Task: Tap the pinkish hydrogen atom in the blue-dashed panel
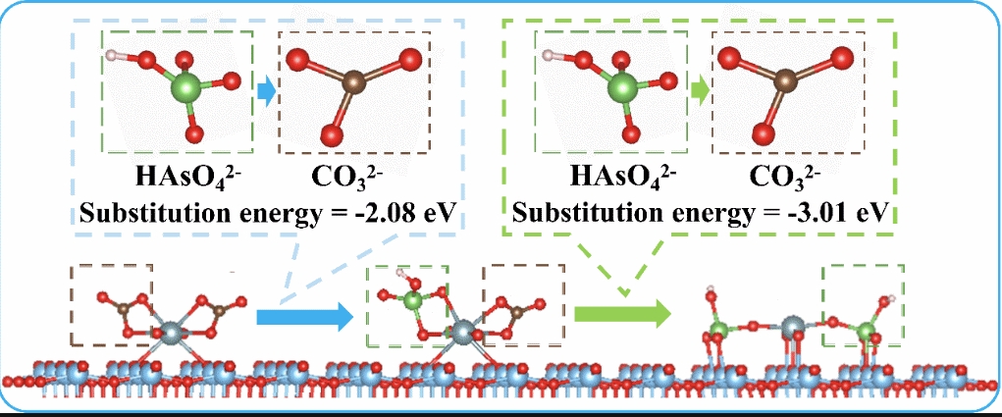pos(112,54)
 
